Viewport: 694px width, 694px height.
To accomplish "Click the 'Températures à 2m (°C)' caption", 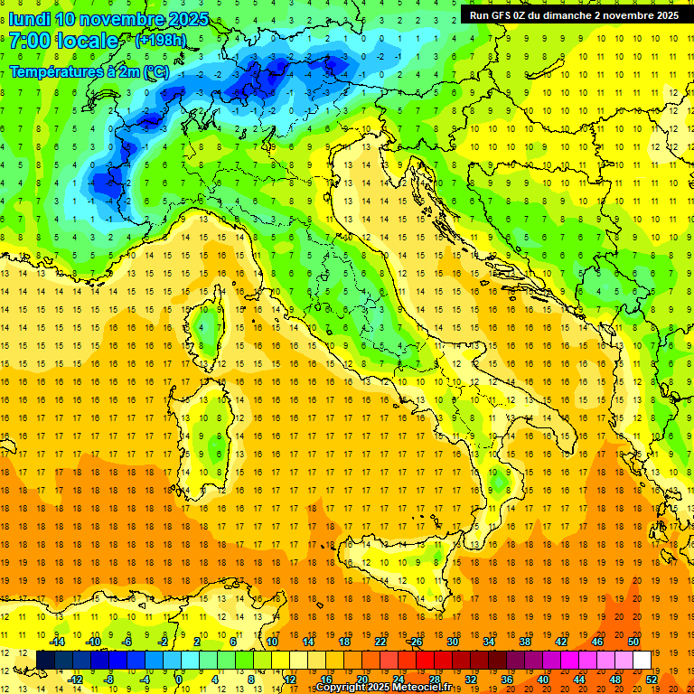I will click(x=89, y=70).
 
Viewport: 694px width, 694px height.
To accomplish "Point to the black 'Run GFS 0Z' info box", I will click(x=574, y=14).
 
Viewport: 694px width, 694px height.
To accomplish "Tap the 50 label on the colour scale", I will click(x=634, y=641).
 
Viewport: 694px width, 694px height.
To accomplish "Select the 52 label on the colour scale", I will click(x=652, y=679).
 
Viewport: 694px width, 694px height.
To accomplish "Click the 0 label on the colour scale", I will click(x=179, y=679).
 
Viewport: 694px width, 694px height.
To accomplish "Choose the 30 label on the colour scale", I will click(x=453, y=641).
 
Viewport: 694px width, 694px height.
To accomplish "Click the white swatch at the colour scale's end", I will click(x=642, y=660).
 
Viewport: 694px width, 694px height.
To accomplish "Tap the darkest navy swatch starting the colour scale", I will click(x=45, y=660).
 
